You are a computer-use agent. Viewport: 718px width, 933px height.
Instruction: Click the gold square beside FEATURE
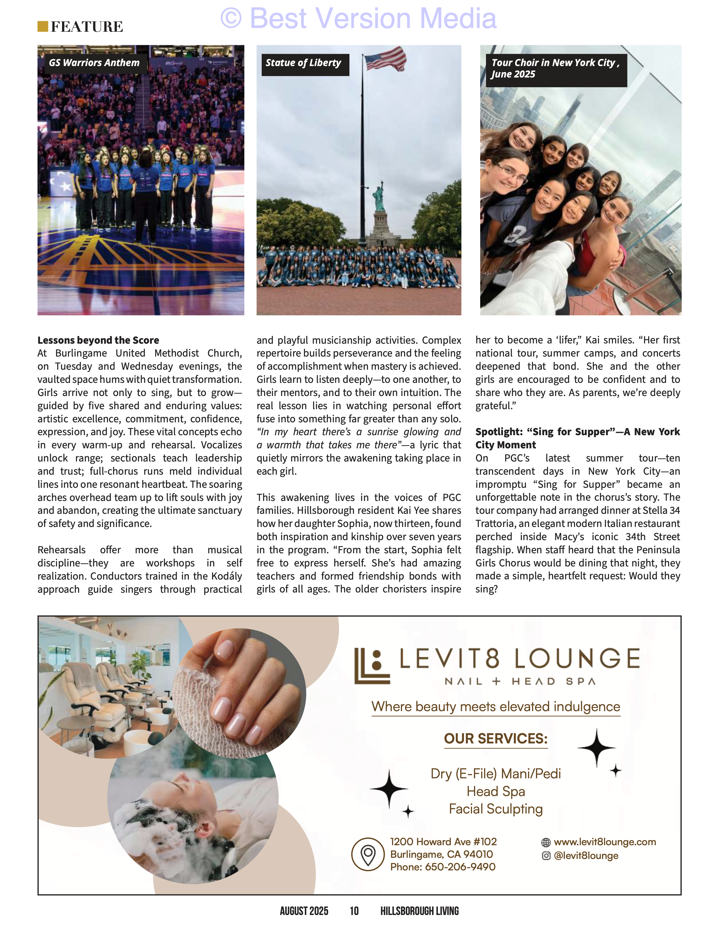pos(42,27)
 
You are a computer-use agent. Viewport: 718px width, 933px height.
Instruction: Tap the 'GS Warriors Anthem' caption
pos(94,63)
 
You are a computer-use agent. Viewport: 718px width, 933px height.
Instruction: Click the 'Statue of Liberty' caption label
pos(303,63)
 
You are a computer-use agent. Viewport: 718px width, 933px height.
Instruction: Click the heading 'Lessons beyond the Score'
pos(98,340)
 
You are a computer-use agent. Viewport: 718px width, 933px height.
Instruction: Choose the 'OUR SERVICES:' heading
pos(496,739)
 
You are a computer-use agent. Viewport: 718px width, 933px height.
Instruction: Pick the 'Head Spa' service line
pos(496,791)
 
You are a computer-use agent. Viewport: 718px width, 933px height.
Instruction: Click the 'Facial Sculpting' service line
pos(496,809)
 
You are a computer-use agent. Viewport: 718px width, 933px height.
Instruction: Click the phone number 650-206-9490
pos(460,867)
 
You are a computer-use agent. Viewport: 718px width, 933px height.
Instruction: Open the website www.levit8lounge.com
pos(605,842)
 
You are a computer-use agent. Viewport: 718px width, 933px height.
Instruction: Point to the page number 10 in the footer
pos(354,911)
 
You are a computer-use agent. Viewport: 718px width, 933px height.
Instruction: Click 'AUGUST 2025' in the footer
pos(304,911)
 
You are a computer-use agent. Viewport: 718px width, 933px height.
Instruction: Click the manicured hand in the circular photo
pos(239,692)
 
